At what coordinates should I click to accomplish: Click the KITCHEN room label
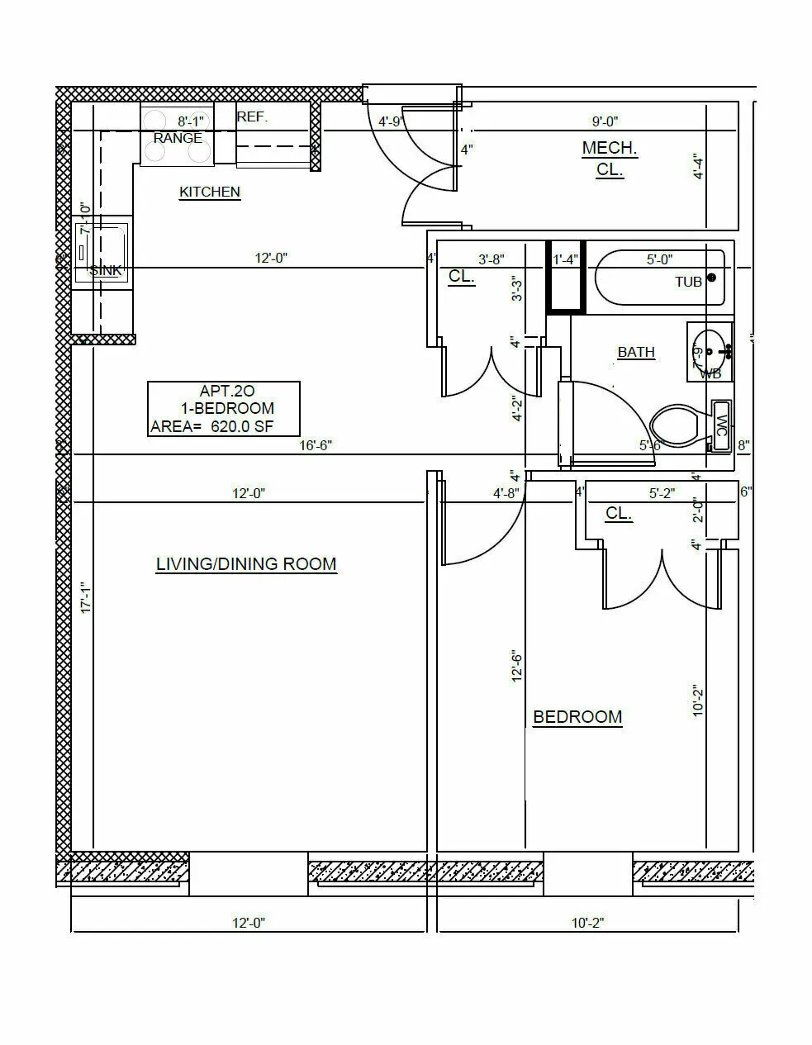click(x=210, y=192)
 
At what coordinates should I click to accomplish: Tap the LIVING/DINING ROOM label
click(x=246, y=564)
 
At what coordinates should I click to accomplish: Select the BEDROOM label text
click(x=577, y=717)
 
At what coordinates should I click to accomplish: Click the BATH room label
click(x=636, y=352)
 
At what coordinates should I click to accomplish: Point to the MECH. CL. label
click(x=610, y=159)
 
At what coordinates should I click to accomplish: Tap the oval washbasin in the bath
click(x=708, y=351)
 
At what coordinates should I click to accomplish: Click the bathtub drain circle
click(x=712, y=279)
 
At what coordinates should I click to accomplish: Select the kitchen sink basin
click(x=102, y=251)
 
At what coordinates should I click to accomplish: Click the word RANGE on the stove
click(x=178, y=138)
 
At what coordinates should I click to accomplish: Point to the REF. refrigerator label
click(x=252, y=117)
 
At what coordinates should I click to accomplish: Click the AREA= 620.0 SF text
click(x=211, y=427)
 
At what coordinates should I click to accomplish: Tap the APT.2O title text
click(x=226, y=391)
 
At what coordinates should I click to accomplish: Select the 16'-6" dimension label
click(x=316, y=445)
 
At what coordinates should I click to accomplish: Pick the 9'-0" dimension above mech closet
click(x=605, y=121)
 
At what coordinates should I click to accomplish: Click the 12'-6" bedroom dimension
click(x=517, y=666)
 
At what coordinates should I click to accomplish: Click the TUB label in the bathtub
click(x=688, y=282)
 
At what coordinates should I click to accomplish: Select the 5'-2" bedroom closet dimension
click(x=662, y=493)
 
